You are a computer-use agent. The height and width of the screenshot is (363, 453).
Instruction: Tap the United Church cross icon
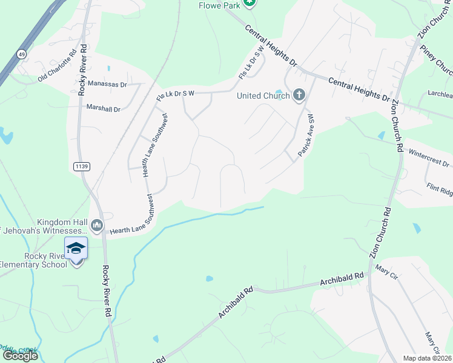299,95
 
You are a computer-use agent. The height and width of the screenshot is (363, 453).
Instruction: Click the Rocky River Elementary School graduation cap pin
76,249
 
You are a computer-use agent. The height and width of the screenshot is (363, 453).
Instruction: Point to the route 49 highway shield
21,53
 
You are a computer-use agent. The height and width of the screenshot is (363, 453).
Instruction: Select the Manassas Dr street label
107,84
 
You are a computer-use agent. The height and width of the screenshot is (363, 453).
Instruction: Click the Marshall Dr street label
104,109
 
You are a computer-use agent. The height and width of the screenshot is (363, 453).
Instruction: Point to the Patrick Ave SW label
305,136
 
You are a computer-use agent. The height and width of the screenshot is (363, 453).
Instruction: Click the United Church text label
263,96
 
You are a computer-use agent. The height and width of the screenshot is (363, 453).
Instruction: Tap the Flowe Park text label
220,5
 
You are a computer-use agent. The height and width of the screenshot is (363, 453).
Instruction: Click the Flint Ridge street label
439,189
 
